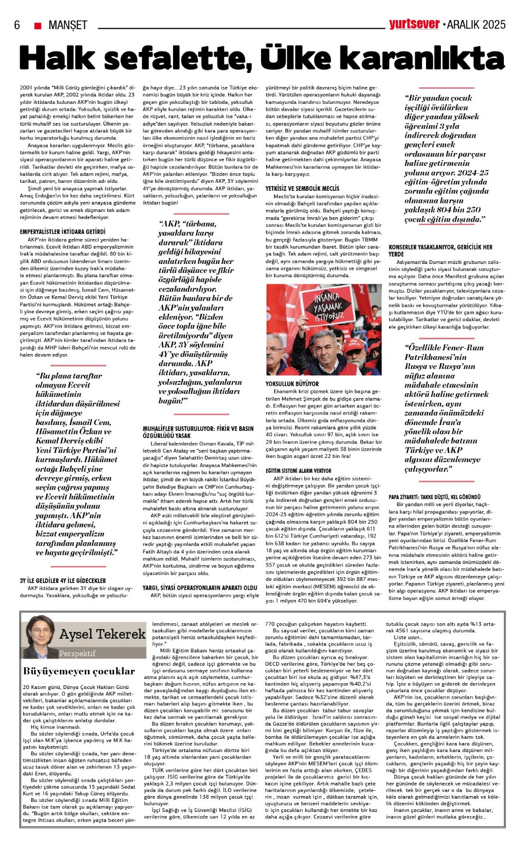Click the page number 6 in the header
coord(17,25)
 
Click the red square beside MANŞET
coord(38,25)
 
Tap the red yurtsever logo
coord(414,24)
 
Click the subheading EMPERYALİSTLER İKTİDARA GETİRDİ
coord(62,232)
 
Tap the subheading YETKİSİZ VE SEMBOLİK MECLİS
coord(302,188)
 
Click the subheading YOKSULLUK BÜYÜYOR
coord(292,384)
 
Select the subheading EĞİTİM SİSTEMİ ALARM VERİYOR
coord(298,471)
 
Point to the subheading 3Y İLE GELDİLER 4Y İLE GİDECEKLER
coord(62,580)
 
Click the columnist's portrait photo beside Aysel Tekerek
coord(40,637)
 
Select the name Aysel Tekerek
coord(102,634)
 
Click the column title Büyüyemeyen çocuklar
coord(79,671)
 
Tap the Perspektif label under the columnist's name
coord(77,653)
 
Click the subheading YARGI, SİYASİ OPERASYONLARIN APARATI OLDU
coord(200,588)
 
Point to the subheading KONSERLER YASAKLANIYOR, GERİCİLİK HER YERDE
coord(440,250)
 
